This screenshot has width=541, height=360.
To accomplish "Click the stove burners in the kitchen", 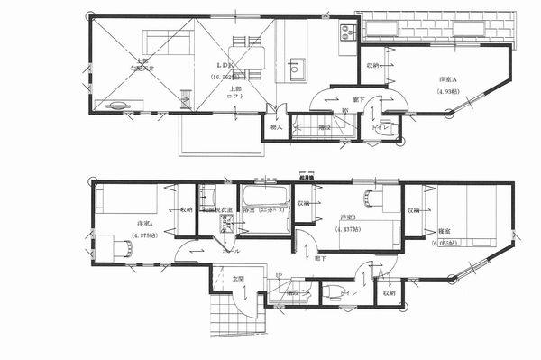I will click(348, 35).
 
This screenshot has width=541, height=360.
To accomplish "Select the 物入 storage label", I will click(277, 127).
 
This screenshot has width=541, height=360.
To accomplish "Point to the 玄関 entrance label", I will click(238, 278).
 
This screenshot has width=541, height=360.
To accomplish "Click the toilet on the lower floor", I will click(331, 291).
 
